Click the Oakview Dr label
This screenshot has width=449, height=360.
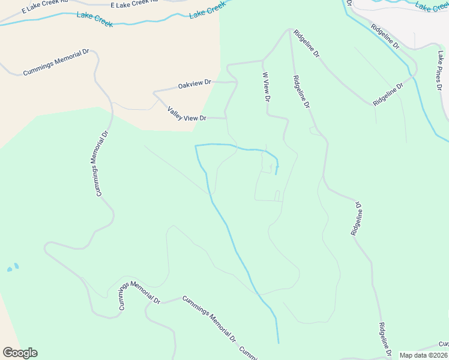195,85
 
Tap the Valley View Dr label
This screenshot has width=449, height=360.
187,114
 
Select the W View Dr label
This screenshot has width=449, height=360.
267,87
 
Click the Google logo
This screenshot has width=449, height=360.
20,353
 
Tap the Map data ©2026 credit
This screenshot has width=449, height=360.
424,355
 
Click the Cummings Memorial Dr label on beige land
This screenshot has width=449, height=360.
56,62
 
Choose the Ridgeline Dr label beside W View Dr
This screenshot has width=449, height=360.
301,91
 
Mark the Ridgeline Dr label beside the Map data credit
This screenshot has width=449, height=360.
385,340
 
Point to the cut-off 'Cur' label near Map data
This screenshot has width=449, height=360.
443,344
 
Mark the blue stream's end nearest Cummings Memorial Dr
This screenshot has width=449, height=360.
279,343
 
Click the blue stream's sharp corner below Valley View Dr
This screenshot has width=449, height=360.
196,145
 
